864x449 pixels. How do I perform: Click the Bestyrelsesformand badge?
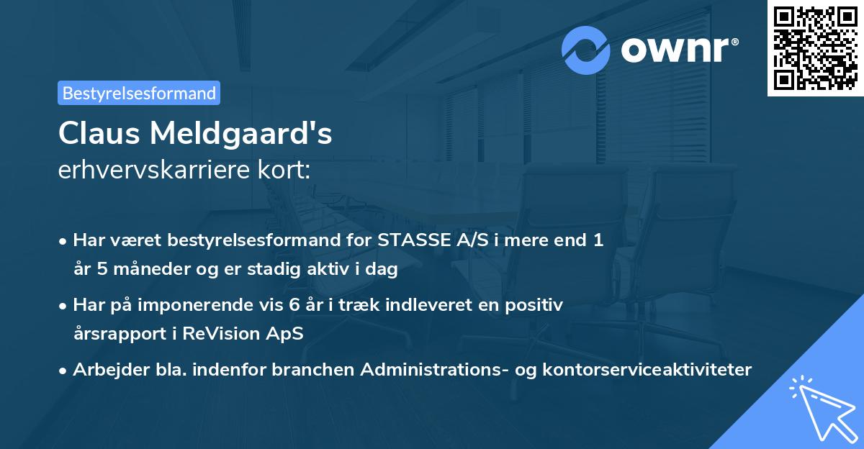[x=139, y=93]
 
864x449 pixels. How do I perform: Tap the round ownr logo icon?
[x=587, y=50]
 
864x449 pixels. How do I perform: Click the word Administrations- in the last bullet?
[x=441, y=369]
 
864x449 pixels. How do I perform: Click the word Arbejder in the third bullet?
[x=106, y=369]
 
